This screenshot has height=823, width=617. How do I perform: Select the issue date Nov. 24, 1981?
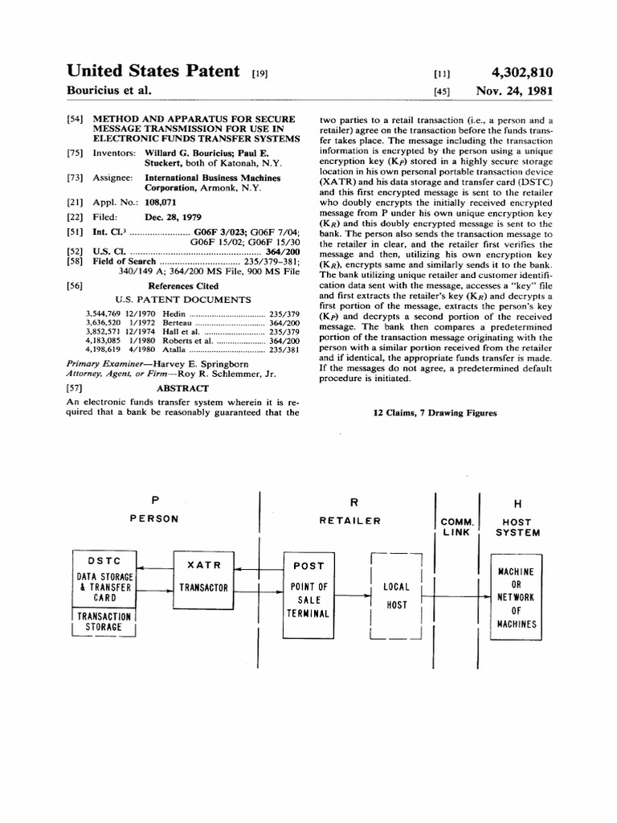(514, 91)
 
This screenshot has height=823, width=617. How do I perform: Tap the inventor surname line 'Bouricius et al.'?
(108, 91)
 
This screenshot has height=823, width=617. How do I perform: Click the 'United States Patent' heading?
(153, 72)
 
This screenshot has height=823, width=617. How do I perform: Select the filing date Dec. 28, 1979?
(174, 217)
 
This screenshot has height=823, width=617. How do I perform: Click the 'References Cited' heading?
(183, 285)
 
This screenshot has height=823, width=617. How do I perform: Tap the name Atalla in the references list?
(176, 350)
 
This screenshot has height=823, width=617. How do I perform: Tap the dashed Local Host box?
(396, 596)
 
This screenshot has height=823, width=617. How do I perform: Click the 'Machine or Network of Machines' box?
(517, 596)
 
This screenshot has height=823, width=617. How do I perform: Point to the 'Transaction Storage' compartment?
(104, 621)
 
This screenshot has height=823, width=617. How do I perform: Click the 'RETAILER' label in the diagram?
(349, 520)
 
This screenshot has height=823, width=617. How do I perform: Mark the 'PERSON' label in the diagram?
(154, 519)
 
